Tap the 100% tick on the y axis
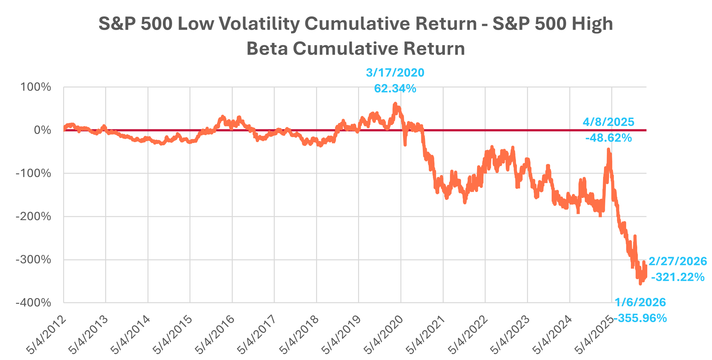click(x=36, y=87)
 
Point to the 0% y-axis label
click(x=42, y=130)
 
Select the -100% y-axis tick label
click(x=33, y=173)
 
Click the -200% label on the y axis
click(x=33, y=217)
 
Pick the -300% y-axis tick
click(x=33, y=260)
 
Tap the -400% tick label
click(x=33, y=303)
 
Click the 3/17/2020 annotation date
click(x=395, y=73)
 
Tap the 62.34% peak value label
click(x=395, y=89)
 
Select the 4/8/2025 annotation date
click(x=608, y=122)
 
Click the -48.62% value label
click(x=608, y=138)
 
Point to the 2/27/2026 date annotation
click(x=678, y=261)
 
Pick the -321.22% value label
click(x=678, y=277)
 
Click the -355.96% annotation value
click(x=641, y=318)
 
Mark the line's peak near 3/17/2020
click(x=395, y=103)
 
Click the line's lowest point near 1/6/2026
click(x=640, y=284)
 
